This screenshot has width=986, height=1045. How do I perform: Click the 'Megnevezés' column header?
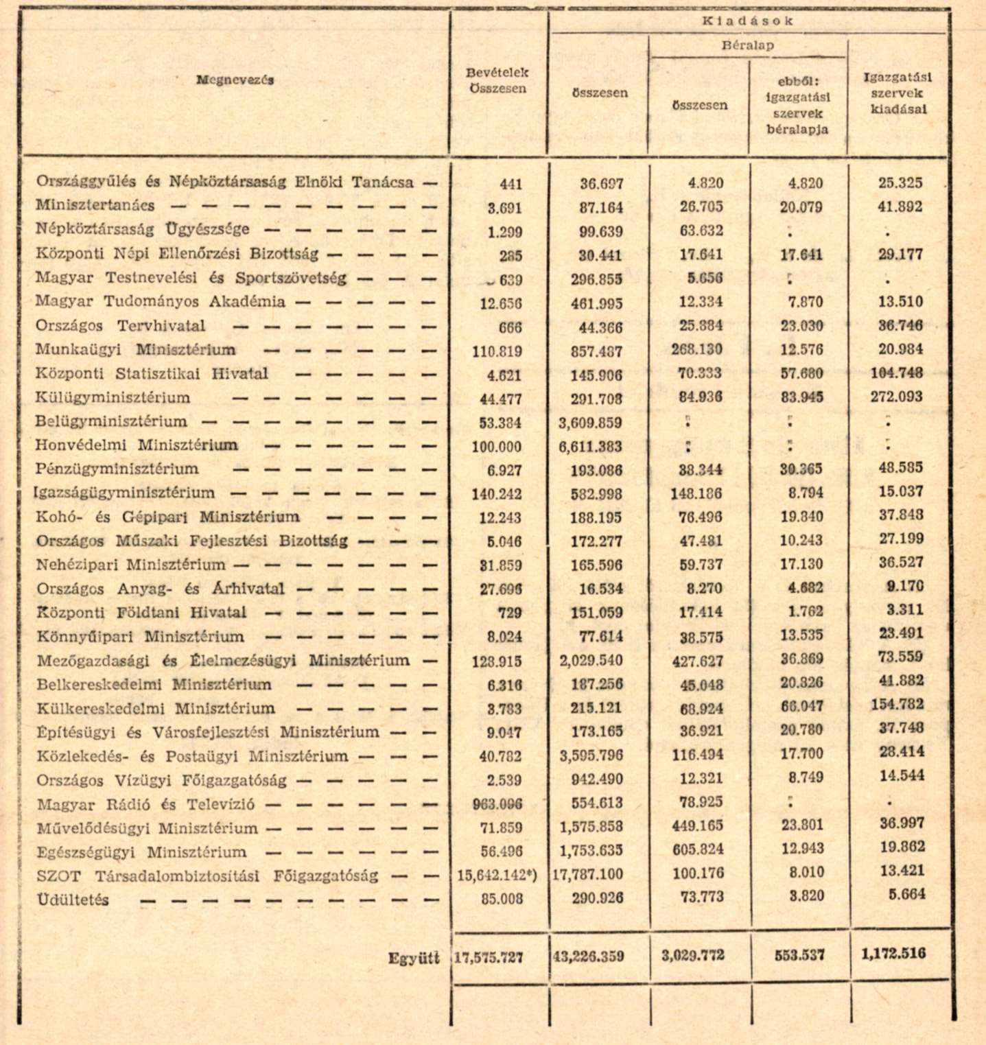[235, 80]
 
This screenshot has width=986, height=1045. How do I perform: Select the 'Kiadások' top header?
[747, 21]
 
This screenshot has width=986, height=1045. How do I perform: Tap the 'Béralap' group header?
[747, 46]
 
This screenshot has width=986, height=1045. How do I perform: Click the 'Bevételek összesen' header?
[497, 80]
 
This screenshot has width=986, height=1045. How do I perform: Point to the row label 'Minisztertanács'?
[95, 205]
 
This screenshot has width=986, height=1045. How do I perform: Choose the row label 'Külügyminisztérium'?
[113, 397]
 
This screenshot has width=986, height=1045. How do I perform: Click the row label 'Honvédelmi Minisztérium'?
[137, 445]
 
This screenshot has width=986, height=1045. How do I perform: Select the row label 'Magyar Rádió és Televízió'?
[146, 804]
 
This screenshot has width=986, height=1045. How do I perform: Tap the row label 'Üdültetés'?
[73, 900]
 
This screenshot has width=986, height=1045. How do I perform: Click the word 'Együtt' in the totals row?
[413, 958]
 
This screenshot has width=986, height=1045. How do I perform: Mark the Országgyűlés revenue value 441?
[510, 184]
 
